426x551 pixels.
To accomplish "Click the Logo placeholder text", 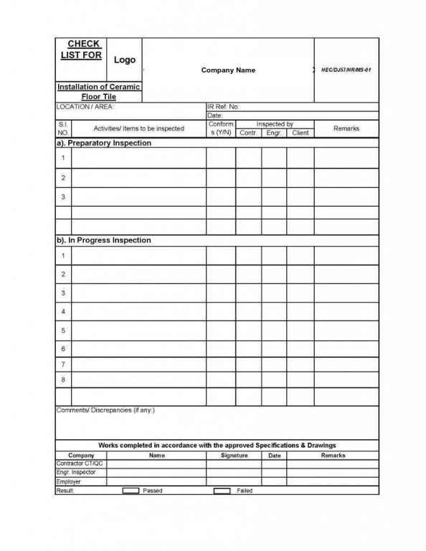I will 124,60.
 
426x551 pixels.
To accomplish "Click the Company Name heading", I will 228,70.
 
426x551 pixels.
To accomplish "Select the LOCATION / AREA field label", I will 85,106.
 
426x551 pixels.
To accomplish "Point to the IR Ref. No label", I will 223,106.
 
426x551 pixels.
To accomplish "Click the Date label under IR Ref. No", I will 215,115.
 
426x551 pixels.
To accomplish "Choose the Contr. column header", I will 248,133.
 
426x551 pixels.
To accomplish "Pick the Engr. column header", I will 274,133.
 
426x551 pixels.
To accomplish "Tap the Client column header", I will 300,133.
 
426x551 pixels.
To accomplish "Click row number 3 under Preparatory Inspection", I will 63,197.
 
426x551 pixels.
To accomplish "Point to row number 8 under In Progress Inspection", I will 63,380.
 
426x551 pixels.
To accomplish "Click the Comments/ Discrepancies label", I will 105,410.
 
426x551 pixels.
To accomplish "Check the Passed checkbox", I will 131,491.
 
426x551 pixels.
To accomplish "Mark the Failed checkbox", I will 222,491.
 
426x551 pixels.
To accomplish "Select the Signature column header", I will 234,456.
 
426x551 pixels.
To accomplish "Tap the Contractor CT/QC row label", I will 80,463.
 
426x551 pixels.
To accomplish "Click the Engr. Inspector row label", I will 76,473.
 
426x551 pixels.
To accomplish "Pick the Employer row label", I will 69,481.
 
